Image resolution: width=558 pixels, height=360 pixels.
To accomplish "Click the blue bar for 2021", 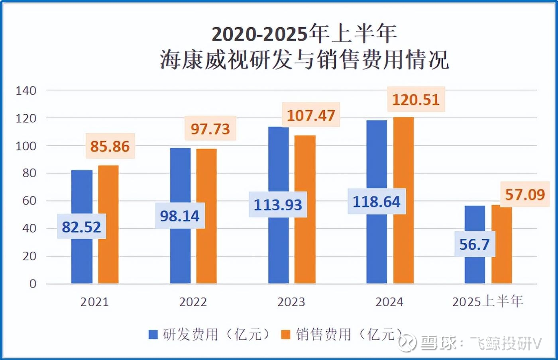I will [82, 255].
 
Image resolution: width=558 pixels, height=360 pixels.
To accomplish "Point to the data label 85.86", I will [110, 146].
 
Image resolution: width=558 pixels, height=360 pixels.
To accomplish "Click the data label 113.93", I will [278, 205].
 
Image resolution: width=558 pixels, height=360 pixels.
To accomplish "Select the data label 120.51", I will [416, 100].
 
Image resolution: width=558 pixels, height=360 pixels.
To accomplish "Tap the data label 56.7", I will [474, 244].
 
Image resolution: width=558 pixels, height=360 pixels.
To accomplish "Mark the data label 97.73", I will [210, 129].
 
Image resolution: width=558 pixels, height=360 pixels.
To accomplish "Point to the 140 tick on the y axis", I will [26, 90].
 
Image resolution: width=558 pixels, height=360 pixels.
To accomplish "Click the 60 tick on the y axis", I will [29, 201].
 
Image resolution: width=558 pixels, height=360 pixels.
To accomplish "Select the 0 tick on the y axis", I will [33, 284].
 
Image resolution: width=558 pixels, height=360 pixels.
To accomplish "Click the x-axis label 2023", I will [291, 302].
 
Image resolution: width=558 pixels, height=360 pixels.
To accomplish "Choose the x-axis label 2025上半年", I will [487, 301].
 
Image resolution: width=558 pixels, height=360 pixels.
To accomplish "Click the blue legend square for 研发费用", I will [153, 335].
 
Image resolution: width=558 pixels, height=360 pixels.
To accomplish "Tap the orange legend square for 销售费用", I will [285, 335].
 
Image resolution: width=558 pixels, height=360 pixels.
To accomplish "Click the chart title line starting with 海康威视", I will [305, 60].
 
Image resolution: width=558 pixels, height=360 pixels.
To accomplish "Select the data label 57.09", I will [525, 195].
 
